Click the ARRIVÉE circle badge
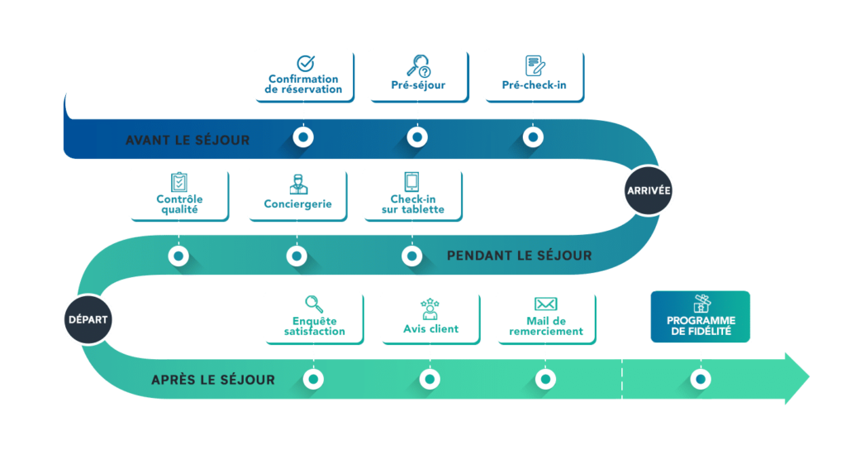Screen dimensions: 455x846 tap(649, 190)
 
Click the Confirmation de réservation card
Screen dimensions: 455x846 tap(303, 74)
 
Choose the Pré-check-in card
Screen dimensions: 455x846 tap(534, 74)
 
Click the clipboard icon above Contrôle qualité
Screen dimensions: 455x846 tap(179, 182)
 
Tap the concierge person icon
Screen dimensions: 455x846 tap(297, 184)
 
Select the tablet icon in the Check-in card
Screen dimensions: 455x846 tap(411, 182)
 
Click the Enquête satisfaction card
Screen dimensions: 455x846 tap(314, 317)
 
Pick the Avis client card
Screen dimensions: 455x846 tap(430, 317)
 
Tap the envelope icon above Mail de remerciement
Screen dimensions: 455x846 tap(545, 304)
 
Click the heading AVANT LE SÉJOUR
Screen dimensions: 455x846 tap(188, 140)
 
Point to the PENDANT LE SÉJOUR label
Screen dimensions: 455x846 tap(519, 256)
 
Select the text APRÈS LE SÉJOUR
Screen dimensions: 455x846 tap(213, 380)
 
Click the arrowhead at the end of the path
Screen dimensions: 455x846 tap(796, 379)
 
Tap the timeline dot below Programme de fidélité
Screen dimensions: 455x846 tap(701, 379)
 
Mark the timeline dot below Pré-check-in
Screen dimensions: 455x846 tap(534, 136)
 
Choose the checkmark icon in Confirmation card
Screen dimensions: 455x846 tap(305, 63)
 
